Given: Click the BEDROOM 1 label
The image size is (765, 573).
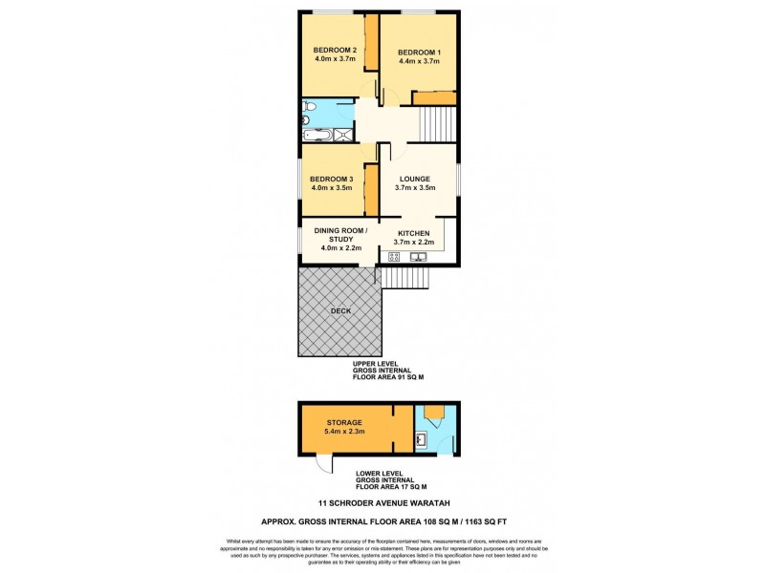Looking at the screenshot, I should click(x=418, y=52).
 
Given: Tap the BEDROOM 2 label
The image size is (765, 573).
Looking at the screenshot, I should click(x=335, y=51).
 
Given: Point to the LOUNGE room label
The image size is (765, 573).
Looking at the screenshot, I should click(x=415, y=180).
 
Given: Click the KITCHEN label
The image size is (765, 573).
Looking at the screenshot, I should click(x=414, y=233).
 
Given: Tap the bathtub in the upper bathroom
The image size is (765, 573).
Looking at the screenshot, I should click(x=317, y=137).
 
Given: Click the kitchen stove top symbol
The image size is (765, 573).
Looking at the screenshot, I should click(x=393, y=256).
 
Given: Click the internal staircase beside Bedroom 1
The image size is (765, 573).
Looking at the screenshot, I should click(x=438, y=122).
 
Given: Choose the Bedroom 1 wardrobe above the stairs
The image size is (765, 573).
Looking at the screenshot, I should click(x=434, y=97).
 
